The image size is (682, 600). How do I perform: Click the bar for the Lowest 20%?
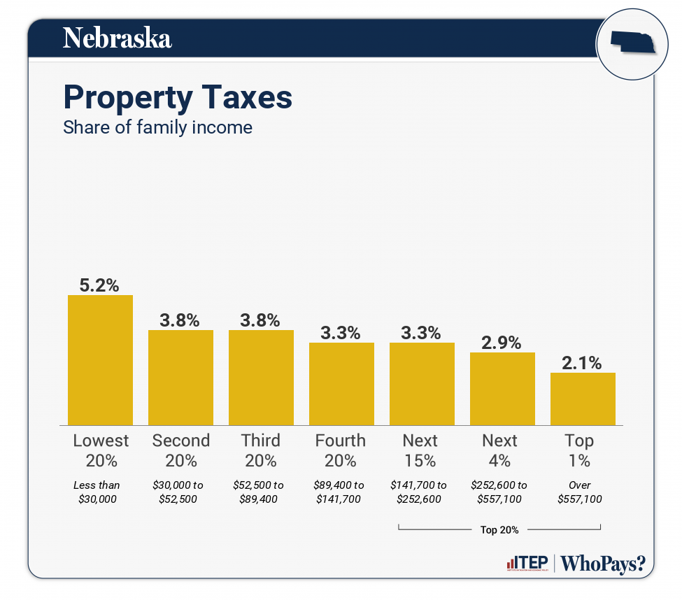coord(100,360)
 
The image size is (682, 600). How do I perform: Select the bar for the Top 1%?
coord(583,399)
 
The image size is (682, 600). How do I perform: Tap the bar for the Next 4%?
coord(502,389)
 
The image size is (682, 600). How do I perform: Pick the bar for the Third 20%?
coord(261,378)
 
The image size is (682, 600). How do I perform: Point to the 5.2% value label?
coord(100,285)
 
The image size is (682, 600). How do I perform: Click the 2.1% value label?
coord(583,362)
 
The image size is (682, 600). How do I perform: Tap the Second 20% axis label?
coord(180,450)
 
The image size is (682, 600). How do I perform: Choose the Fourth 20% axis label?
coord(341,450)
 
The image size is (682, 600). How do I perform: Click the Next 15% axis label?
coord(421,450)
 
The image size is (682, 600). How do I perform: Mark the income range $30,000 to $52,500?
coord(180,492)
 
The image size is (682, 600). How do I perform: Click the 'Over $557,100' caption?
coord(580,492)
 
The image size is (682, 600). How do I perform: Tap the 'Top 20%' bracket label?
coord(499,529)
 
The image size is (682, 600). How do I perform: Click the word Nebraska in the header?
coord(117,38)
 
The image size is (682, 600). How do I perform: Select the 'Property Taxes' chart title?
coord(178,97)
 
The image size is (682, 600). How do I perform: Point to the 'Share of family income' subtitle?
coord(157,127)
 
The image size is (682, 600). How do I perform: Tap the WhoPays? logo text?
coord(603,564)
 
